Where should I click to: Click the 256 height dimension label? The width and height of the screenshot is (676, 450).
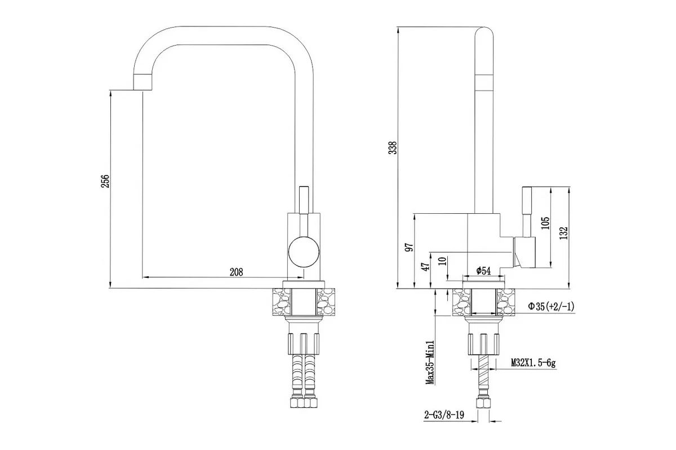point(105,181)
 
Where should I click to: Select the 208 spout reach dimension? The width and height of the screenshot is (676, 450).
point(236,272)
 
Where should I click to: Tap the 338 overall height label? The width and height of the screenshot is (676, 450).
point(393,148)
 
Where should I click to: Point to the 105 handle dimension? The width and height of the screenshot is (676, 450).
point(545,223)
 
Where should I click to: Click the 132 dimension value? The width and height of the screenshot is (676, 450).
point(563,233)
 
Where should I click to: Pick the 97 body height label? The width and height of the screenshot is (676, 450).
point(409,247)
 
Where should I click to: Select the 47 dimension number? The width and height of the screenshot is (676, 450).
point(426,267)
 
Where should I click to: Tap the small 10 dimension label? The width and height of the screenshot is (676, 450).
point(443,261)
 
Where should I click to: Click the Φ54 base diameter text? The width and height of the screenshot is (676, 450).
point(483,271)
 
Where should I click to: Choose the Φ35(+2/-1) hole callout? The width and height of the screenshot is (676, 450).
point(551,307)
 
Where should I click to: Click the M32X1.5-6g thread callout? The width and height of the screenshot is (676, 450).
point(533,363)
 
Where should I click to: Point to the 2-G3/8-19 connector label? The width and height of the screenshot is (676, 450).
point(444,415)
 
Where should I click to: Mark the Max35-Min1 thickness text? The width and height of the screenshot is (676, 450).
point(430,363)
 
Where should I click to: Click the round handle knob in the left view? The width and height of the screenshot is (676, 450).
point(304,251)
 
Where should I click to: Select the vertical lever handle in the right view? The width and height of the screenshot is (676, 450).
point(527,212)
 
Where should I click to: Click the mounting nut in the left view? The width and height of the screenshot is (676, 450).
point(304,344)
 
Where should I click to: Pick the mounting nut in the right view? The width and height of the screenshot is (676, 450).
point(483,344)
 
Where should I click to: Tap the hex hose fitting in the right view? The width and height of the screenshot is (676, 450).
point(483,403)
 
